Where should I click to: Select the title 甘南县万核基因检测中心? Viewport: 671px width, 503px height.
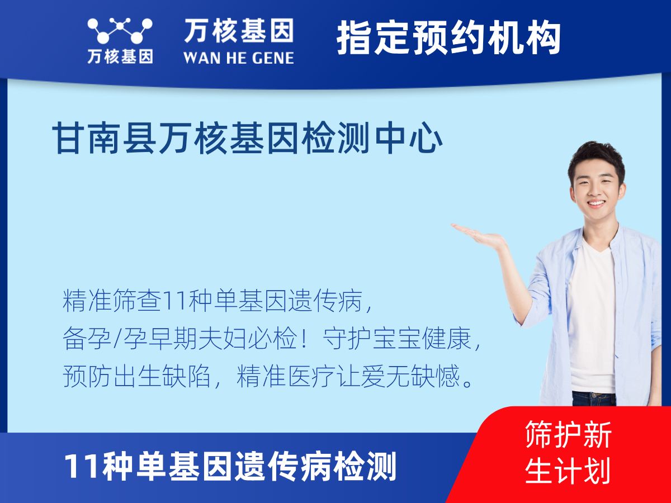pyautogui.click(x=248, y=140)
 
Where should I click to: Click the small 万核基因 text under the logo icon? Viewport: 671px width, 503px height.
pyautogui.click(x=120, y=56)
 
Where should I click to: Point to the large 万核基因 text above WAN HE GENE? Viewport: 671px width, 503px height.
pyautogui.click(x=238, y=31)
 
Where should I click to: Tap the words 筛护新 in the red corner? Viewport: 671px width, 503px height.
pyautogui.click(x=568, y=435)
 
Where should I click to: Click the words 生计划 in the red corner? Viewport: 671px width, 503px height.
pyautogui.click(x=568, y=471)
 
